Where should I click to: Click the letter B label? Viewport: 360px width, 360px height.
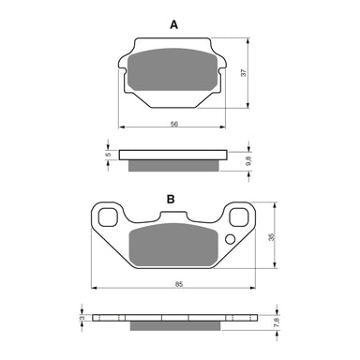coord(172,200)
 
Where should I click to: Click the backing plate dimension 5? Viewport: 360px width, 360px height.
coord(108,154)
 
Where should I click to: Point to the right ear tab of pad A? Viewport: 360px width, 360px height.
coord(222,66)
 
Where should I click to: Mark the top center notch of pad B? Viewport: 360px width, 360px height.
coord(173,216)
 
